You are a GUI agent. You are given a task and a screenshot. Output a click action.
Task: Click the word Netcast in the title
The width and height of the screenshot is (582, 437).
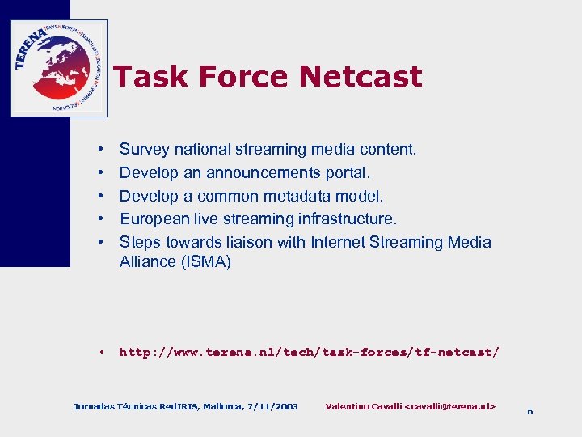pos(360,77)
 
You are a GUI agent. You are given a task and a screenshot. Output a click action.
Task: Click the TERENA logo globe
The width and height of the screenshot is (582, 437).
pos(57,68)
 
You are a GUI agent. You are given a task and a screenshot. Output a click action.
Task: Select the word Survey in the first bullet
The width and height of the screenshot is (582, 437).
pos(142,150)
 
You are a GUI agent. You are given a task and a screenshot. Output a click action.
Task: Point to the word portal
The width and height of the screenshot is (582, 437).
pos(347,173)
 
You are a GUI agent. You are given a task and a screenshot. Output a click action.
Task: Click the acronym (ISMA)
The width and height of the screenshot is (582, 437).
pos(206,261)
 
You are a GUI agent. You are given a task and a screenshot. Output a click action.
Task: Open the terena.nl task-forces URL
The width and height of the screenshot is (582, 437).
pos(310,352)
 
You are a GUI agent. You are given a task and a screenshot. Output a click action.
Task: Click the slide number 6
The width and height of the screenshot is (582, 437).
pos(529,411)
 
